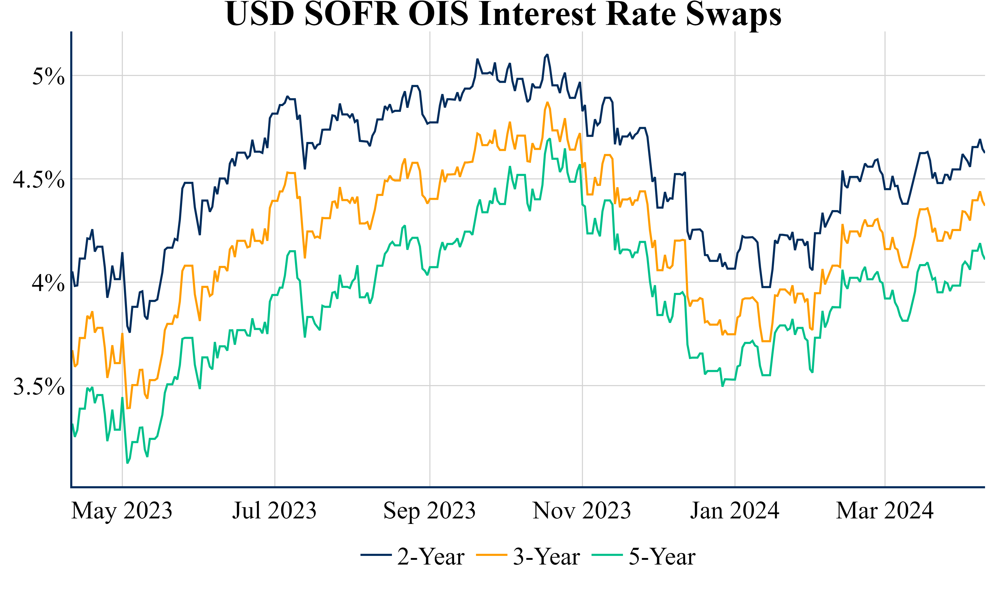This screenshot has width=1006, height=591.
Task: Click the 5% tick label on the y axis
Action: [x=48, y=76]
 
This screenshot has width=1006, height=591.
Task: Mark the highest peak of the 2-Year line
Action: [x=547, y=55]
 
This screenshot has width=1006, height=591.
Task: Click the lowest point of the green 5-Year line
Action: [x=127, y=463]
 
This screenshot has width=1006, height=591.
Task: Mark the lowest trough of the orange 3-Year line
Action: [x=128, y=408]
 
